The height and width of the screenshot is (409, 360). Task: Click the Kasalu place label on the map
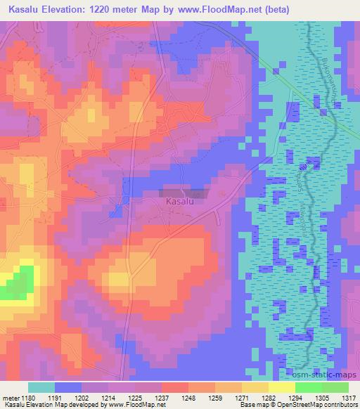[x=179, y=202]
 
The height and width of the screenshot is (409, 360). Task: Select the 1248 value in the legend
[x=189, y=397]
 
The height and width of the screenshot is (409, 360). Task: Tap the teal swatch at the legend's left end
[x=41, y=387]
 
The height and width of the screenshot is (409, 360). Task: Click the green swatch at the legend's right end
[x=334, y=387]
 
